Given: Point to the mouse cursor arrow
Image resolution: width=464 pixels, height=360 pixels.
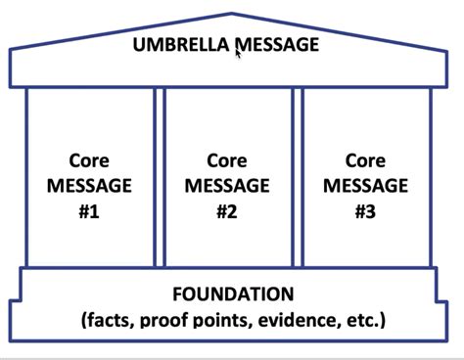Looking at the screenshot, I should (x=238, y=53).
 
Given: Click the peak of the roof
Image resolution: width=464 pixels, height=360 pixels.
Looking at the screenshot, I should (x=232, y=14).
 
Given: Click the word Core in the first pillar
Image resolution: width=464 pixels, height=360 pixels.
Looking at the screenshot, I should (x=89, y=159).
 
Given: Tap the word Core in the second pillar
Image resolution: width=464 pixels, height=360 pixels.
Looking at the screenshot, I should (x=227, y=159).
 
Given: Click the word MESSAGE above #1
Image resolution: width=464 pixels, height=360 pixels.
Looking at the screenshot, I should (x=89, y=184).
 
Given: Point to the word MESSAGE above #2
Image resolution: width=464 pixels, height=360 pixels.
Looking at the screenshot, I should (x=227, y=184).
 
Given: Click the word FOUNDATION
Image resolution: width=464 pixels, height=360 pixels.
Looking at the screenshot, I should (x=232, y=293).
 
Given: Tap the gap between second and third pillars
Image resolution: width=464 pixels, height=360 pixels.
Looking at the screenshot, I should (x=296, y=177).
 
